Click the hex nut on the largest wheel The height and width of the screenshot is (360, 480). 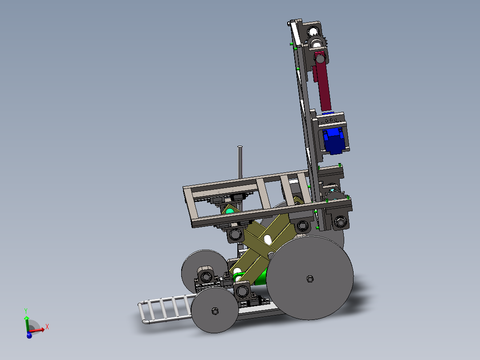(x=310, y=279)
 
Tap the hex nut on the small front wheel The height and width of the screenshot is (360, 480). (x=215, y=311)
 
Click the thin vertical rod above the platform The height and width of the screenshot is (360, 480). (x=240, y=162)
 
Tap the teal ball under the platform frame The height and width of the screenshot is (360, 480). (x=230, y=211)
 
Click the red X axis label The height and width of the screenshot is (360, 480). (x=47, y=327)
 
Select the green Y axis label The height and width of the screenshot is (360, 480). (x=26, y=311)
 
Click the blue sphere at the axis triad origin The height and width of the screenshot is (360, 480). (x=29, y=336)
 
